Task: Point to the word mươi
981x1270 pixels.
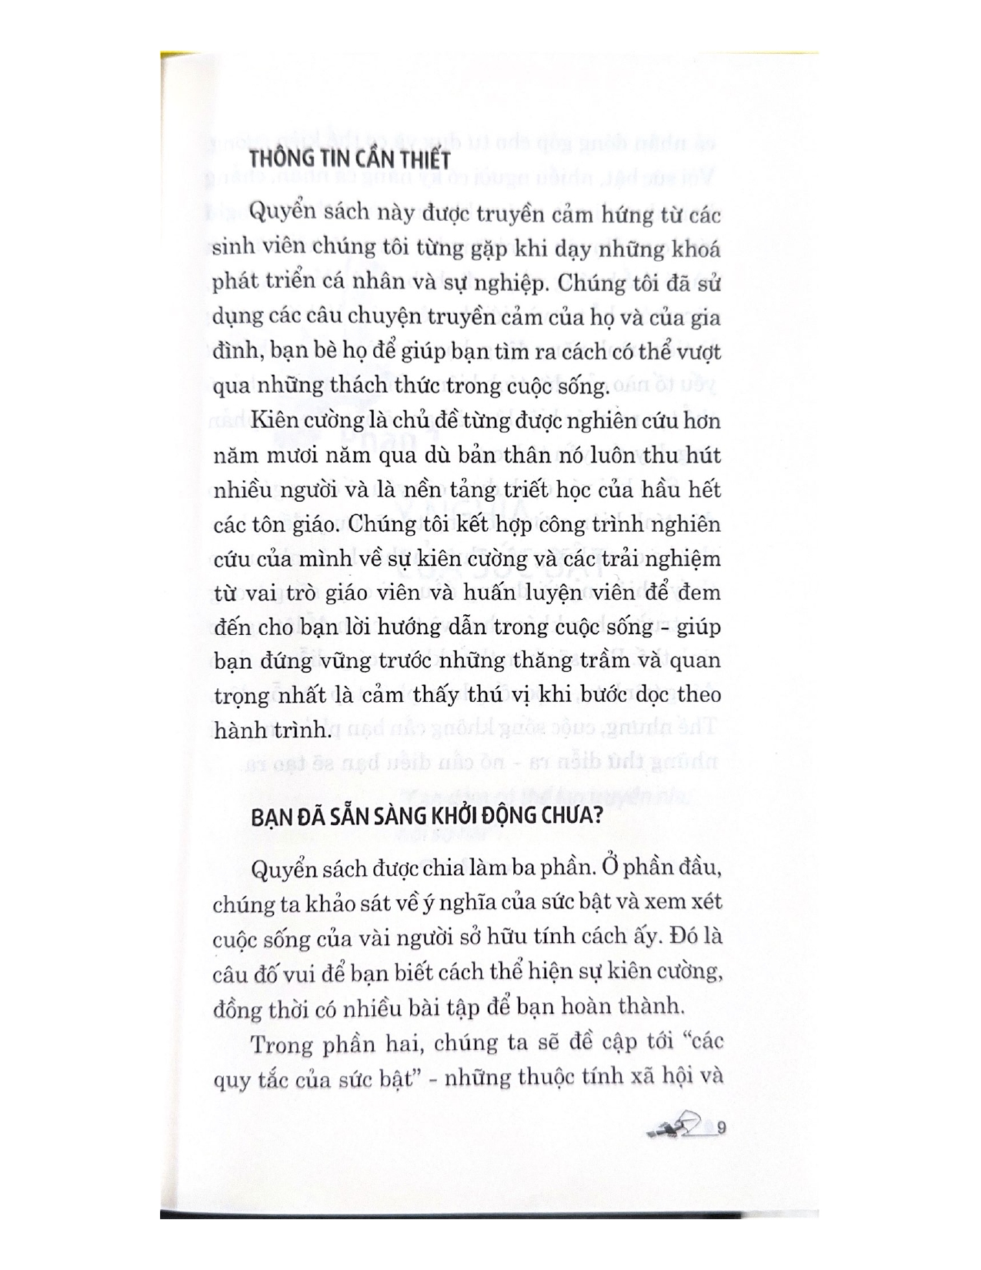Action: point(292,456)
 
